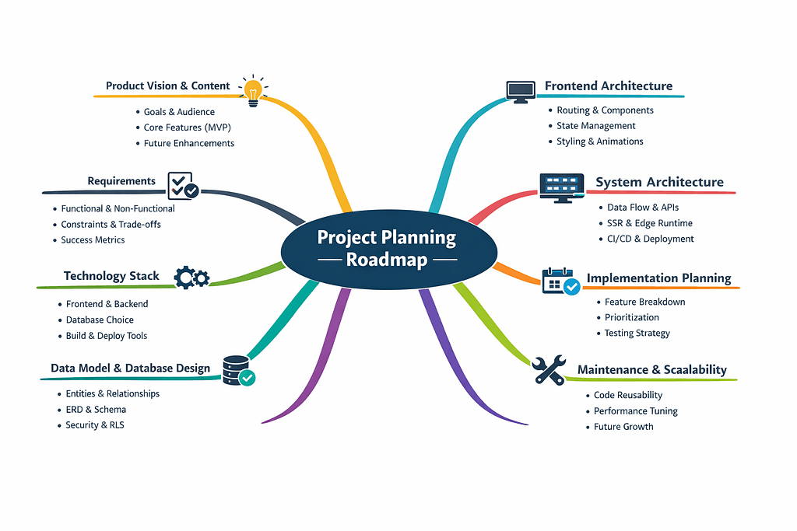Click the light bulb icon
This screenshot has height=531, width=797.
coord(252,92)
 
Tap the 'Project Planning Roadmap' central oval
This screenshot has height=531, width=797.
coord(388,248)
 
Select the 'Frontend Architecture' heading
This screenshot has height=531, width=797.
coord(609,86)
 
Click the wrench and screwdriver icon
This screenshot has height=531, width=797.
coord(549,371)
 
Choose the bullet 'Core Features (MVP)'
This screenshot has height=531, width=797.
coord(188,128)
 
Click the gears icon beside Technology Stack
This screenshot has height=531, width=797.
coord(191,277)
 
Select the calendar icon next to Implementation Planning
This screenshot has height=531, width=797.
coord(560,280)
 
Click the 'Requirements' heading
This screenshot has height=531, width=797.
coord(121,181)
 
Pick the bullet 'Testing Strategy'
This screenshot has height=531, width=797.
coord(637,333)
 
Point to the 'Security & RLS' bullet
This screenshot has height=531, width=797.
coord(95,425)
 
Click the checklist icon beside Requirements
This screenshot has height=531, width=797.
coord(183,184)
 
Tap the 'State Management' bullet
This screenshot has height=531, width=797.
coord(596,126)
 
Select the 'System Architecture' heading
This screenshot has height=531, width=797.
coord(659,183)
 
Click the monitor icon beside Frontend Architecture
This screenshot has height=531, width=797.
coord(520,90)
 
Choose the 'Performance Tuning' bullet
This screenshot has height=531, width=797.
coord(636,410)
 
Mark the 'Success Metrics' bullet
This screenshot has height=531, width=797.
coord(93,239)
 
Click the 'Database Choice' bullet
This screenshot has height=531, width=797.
coord(100,320)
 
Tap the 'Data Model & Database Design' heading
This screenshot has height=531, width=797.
coord(131,368)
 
